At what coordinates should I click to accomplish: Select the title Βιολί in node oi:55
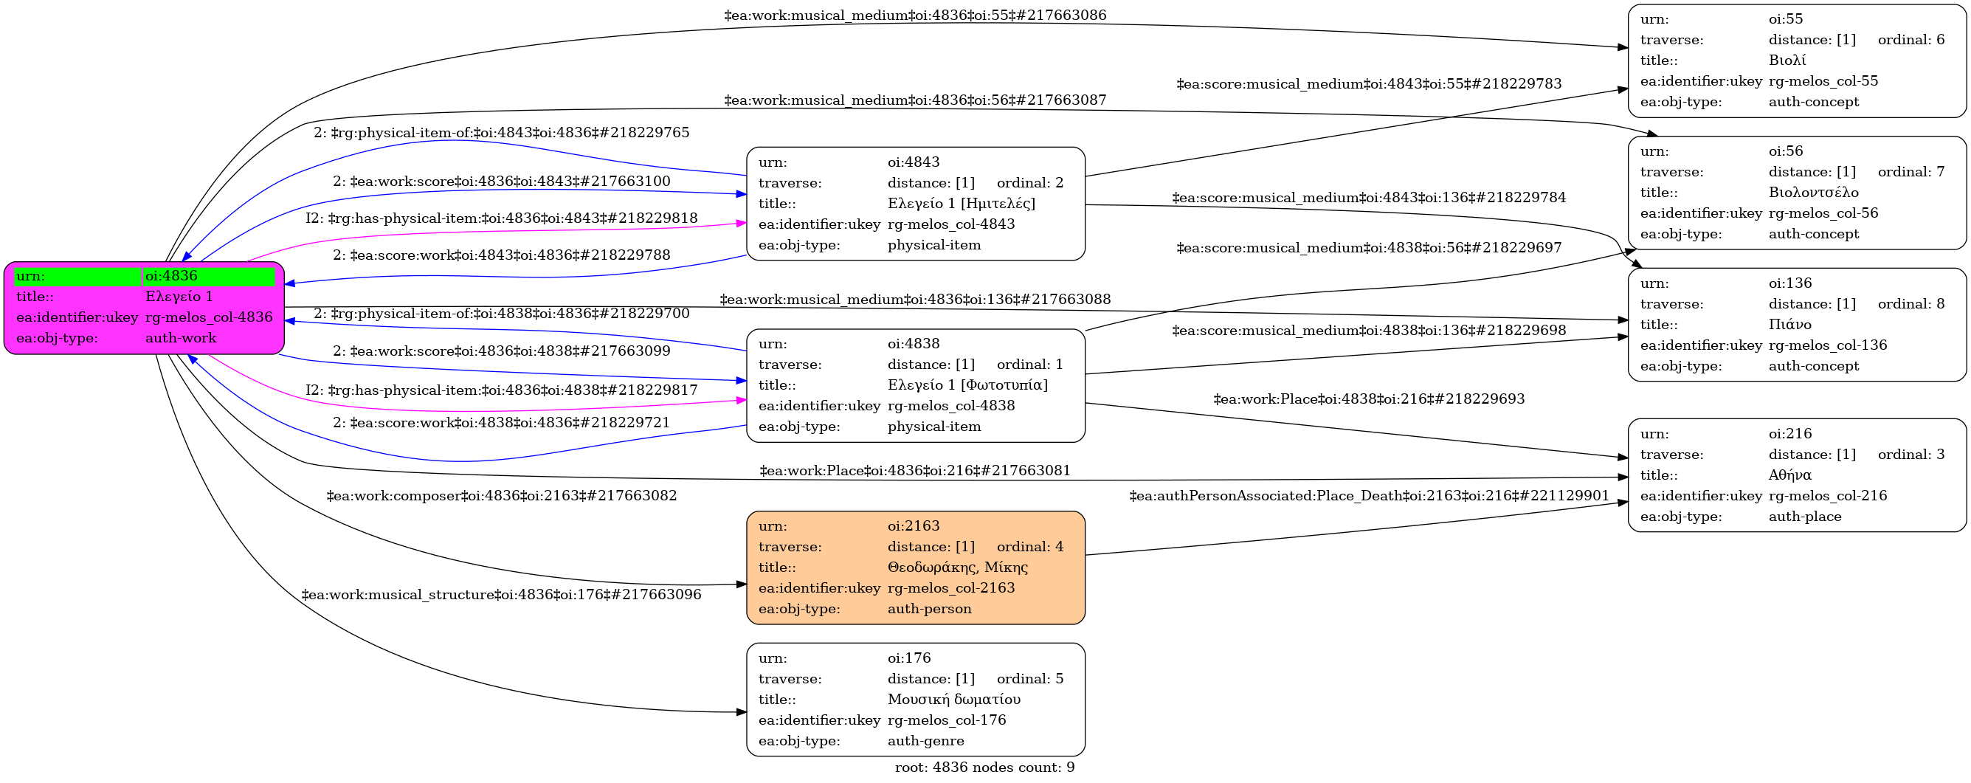[x=1787, y=61]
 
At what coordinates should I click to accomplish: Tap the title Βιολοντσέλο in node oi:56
[x=1813, y=192]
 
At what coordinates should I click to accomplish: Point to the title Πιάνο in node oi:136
[x=1789, y=325]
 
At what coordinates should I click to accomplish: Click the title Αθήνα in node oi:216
[x=1789, y=475]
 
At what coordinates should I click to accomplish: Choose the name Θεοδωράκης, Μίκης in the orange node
[x=957, y=568]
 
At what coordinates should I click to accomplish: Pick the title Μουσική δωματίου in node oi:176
[x=953, y=700]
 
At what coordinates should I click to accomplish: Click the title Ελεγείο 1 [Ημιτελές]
[x=961, y=204]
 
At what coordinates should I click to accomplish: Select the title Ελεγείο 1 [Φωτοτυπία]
[x=967, y=385]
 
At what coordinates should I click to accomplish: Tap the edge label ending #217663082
[x=502, y=496]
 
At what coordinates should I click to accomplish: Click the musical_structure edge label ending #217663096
[x=501, y=595]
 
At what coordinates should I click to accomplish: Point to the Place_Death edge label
[x=1370, y=496]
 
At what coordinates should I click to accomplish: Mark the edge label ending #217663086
[x=915, y=15]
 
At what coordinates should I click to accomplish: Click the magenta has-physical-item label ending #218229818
[x=502, y=218]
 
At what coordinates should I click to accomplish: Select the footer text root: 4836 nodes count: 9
[x=984, y=768]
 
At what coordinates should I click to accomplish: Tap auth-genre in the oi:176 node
[x=926, y=741]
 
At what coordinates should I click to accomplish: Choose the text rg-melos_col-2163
[x=951, y=588]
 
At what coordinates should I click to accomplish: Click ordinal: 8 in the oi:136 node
[x=1911, y=304]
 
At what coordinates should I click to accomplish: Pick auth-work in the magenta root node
[x=181, y=338]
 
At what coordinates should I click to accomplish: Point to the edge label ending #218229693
[x=1369, y=399]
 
